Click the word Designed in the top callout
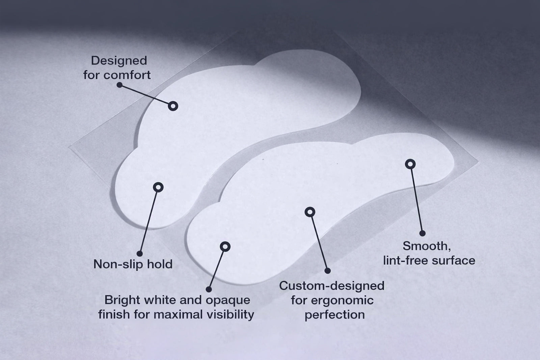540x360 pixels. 119,61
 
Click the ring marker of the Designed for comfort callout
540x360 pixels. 173,106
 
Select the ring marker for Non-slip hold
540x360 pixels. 158,187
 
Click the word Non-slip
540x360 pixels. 116,264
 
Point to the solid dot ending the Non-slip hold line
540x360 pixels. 140,253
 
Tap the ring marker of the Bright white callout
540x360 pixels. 225,247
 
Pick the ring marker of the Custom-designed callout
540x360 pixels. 310,212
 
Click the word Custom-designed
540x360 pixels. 332,286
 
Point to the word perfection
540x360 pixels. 334,315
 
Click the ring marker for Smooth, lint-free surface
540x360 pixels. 410,164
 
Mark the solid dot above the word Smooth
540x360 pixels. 422,233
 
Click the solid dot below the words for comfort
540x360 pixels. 119,85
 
